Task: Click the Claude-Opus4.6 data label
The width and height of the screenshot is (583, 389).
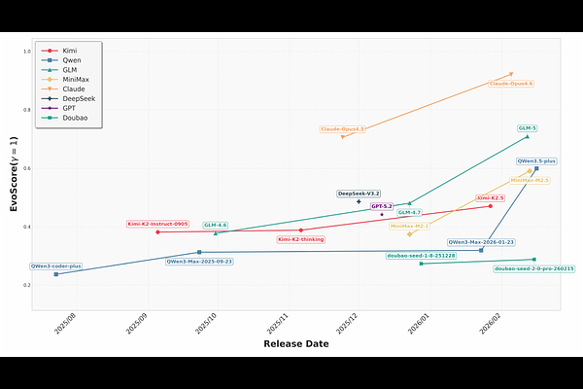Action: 511,84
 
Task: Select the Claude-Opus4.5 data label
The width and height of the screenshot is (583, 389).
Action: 342,129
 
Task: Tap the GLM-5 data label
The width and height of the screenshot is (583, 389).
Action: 528,128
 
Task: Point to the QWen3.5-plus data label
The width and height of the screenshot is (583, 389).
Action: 536,160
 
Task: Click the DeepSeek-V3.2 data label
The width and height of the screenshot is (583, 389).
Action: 359,194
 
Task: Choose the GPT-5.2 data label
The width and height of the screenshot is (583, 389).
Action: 382,206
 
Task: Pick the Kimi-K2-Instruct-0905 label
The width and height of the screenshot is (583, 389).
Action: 157,224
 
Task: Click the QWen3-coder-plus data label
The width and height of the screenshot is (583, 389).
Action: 55,265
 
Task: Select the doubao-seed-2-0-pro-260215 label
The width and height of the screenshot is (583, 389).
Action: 533,268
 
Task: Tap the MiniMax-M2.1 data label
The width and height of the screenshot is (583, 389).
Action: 409,226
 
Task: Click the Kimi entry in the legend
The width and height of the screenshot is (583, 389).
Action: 70,49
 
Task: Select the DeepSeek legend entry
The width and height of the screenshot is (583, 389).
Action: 74,98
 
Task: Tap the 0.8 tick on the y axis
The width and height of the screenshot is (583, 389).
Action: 26,110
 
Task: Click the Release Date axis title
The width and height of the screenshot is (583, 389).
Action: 295,343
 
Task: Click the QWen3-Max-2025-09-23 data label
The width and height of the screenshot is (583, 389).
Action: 199,262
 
